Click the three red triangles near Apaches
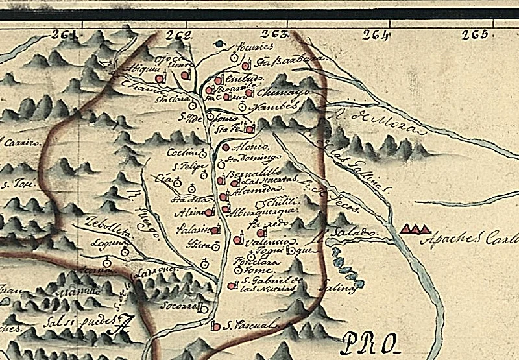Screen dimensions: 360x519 coord(415,228)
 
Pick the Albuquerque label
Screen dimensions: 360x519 coord(264,210)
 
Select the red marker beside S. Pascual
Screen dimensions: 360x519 coord(216,326)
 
